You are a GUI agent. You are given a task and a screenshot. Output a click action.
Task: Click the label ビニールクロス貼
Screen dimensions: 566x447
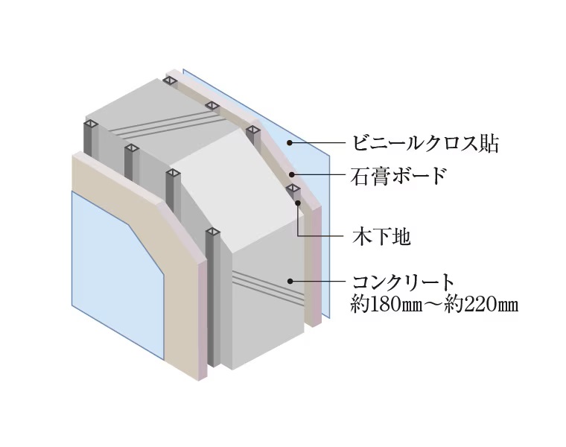425,143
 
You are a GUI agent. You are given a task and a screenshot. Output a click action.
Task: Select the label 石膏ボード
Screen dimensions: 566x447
398,176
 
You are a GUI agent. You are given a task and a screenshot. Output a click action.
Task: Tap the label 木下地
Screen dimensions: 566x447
381,237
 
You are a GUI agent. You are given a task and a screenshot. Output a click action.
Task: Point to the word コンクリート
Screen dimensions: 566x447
402,282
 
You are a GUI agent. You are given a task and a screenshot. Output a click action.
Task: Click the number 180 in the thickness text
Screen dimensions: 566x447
387,305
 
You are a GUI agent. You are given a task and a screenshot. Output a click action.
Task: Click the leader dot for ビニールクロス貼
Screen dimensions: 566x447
290,143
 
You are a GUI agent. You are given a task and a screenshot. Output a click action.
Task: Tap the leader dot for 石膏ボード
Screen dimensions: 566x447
292,175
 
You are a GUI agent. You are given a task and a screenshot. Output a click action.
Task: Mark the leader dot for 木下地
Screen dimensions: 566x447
298,203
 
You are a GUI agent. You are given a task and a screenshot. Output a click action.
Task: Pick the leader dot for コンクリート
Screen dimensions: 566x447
290,281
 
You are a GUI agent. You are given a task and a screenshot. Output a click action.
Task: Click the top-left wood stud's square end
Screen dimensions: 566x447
92,124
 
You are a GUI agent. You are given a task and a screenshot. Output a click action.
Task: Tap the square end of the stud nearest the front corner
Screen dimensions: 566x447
213,232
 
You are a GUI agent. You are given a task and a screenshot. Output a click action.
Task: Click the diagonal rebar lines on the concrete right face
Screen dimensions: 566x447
268,285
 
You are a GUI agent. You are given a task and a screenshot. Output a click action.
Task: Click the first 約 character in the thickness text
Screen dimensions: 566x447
360,305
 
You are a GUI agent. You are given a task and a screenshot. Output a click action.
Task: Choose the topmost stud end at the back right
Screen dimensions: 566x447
170,80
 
